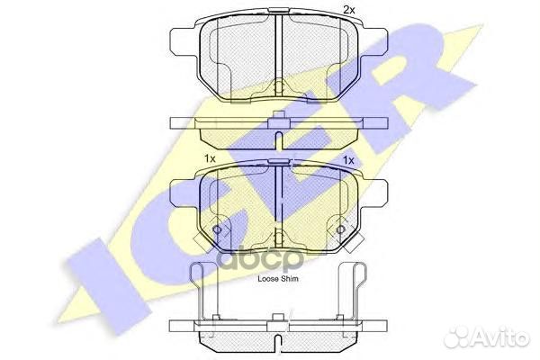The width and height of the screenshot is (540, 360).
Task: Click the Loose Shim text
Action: (x=279, y=279)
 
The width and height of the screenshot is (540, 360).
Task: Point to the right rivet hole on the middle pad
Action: (x=340, y=231)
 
